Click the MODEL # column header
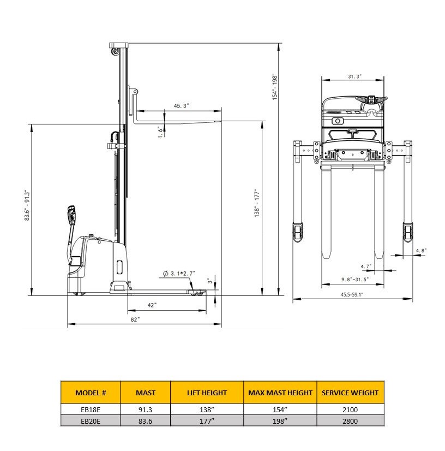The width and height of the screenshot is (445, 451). pyautogui.click(x=91, y=393)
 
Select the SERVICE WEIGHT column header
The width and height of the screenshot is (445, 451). pyautogui.click(x=350, y=393)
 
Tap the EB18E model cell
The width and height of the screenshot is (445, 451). pyautogui.click(x=91, y=410)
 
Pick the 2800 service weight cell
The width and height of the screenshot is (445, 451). pyautogui.click(x=350, y=421)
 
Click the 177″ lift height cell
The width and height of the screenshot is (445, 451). pyautogui.click(x=207, y=421)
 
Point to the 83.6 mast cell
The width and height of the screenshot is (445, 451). pyautogui.click(x=146, y=421)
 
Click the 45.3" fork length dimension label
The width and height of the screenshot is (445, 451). pyautogui.click(x=181, y=106)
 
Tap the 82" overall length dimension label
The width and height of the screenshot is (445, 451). pyautogui.click(x=135, y=319)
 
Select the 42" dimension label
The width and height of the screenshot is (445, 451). pyautogui.click(x=152, y=305)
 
